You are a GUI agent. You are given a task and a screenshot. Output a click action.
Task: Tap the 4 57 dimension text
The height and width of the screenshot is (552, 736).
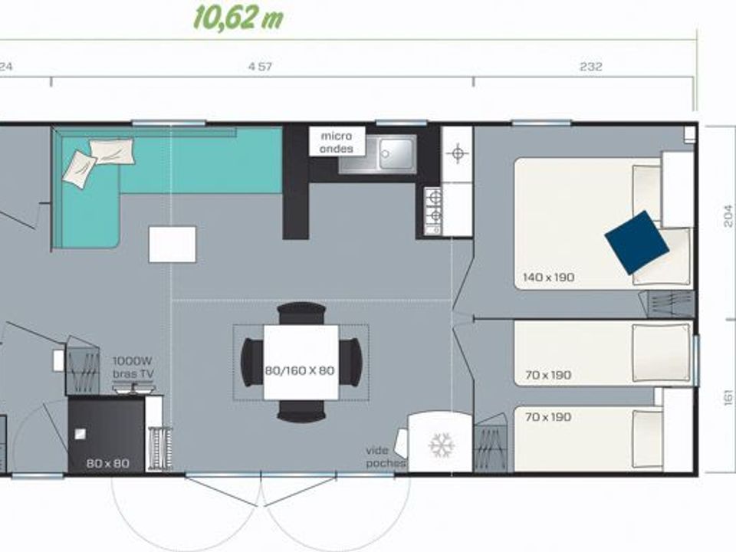pyautogui.click(x=260, y=67)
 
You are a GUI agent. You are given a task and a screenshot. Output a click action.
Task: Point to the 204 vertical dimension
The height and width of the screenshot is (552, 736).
pyautogui.click(x=728, y=219)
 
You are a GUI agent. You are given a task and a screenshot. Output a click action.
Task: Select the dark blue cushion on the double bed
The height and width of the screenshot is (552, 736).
pyautogui.click(x=636, y=242)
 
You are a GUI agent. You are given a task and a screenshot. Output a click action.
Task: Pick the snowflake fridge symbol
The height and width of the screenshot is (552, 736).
pyautogui.click(x=441, y=444)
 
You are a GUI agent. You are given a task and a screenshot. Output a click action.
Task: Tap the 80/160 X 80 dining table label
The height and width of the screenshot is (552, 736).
pyautogui.click(x=301, y=370)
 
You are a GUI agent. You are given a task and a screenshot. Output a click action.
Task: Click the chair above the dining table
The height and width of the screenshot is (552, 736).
pyautogui.click(x=301, y=313)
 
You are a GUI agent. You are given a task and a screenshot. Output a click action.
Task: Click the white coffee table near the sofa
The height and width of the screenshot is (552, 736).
pyautogui.click(x=172, y=245)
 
